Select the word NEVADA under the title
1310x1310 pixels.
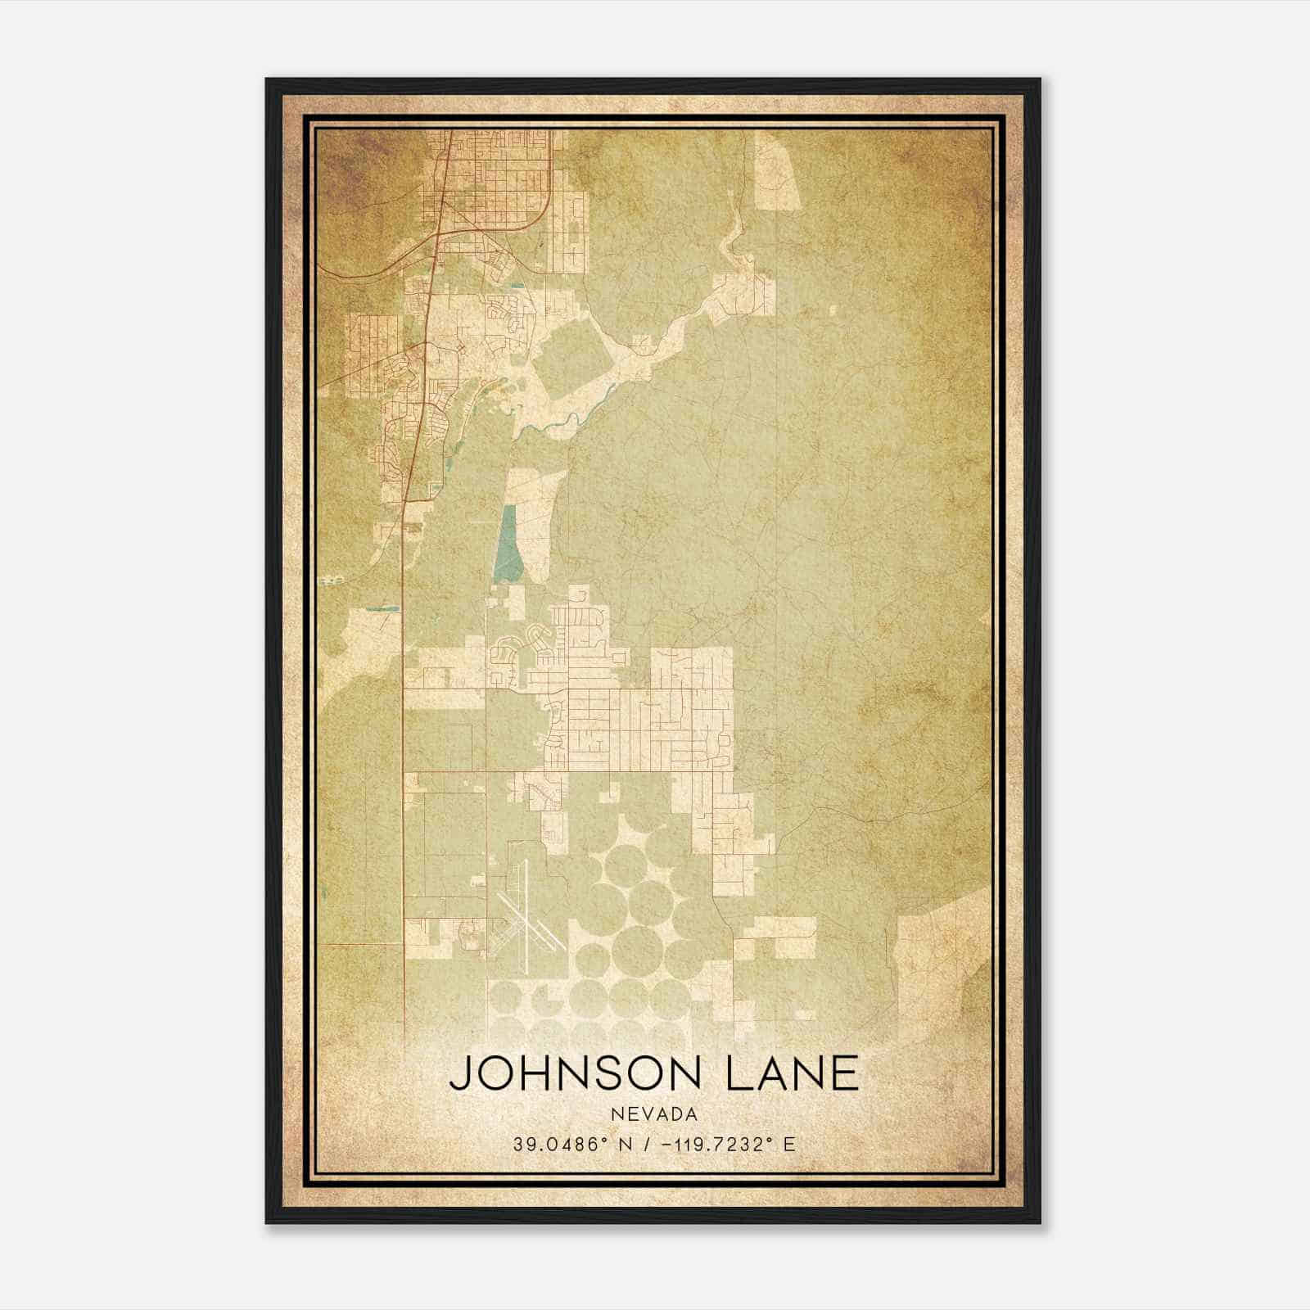tap(653, 1114)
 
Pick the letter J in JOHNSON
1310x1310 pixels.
tap(460, 1073)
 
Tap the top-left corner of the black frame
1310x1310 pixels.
tap(268, 80)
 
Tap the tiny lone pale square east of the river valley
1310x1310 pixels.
tap(833, 309)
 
